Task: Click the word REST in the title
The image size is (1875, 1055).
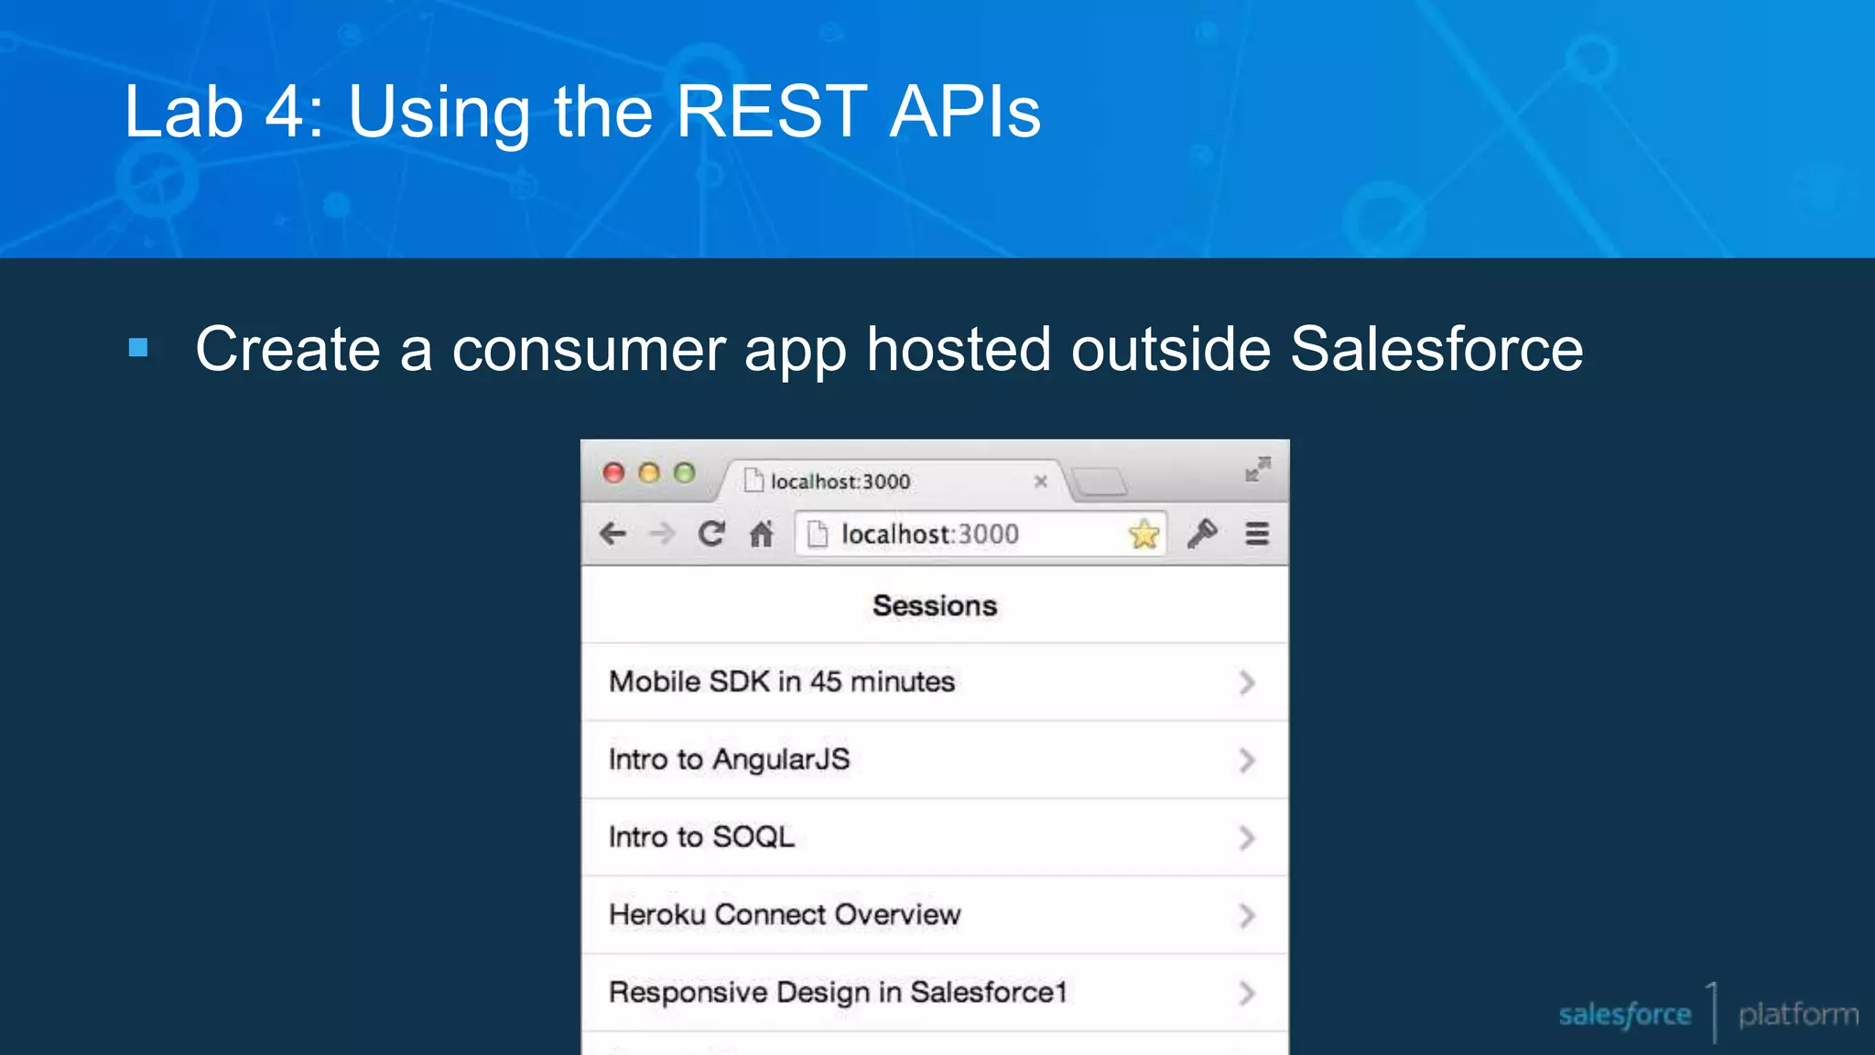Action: point(771,112)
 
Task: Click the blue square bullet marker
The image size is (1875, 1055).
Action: point(138,348)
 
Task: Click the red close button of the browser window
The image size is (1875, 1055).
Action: point(613,473)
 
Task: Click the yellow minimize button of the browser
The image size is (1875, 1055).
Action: point(649,473)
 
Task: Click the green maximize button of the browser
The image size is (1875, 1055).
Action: point(684,473)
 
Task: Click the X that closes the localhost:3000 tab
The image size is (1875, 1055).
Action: point(1040,481)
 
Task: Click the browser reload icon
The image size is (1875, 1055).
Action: point(711,533)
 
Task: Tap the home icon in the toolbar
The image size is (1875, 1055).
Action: point(762,533)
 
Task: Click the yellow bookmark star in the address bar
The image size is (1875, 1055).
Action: point(1143,534)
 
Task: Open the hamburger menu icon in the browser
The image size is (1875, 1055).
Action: point(1257,534)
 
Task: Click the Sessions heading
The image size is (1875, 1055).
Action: point(934,605)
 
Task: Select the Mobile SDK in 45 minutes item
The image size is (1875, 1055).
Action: point(782,681)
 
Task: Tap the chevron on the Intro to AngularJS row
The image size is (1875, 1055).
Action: point(1246,760)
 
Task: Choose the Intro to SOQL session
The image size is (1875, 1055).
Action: point(701,837)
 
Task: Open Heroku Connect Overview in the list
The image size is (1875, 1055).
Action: point(785,914)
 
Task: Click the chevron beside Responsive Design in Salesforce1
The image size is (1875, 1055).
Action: point(1246,993)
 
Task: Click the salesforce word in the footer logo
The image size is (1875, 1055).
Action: point(1624,1015)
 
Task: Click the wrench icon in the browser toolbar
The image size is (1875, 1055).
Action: point(1202,533)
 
